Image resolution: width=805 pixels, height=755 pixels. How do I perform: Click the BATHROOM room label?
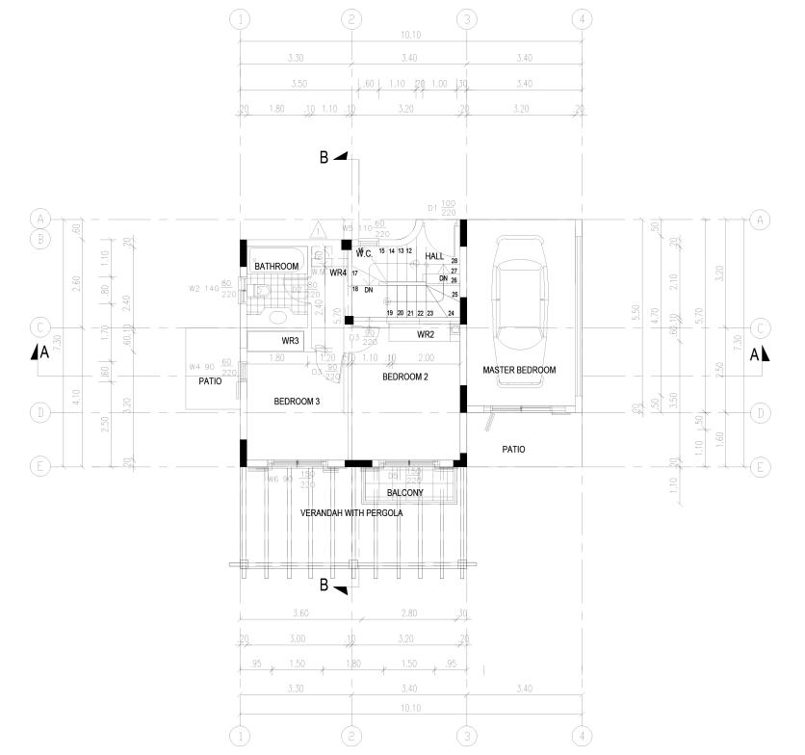276,266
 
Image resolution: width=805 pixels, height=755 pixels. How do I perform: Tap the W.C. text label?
364,254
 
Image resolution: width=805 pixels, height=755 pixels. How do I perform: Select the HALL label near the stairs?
434,256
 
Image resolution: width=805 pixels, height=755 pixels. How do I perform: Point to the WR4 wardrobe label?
337,273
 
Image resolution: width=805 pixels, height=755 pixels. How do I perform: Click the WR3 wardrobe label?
291,341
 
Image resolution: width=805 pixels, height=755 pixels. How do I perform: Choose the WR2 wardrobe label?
427,335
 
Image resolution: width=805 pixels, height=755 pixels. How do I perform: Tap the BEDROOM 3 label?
297,401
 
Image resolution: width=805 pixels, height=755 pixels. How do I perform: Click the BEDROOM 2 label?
405,377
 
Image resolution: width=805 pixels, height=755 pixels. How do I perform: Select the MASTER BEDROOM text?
519,370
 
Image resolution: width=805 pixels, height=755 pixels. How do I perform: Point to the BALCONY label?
405,492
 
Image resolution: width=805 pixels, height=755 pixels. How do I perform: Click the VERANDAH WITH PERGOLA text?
351,513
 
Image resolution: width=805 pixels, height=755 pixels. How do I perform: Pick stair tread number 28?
454,261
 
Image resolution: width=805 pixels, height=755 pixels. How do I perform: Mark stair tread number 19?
389,313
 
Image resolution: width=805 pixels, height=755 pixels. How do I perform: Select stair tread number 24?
451,313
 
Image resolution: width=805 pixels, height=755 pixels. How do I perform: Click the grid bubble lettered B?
39,239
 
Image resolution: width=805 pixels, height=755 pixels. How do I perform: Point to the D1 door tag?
432,207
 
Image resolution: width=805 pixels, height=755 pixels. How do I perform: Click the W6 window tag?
273,479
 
